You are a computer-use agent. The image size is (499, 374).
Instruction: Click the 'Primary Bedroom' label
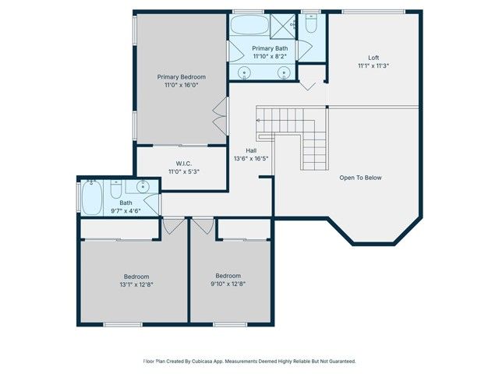[x=181, y=76]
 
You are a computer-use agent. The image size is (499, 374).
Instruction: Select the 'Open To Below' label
[x=360, y=178]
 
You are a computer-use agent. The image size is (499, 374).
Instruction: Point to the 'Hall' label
[x=251, y=150]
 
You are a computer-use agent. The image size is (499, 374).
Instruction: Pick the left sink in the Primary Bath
[x=246, y=73]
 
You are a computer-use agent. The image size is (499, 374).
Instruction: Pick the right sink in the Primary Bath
[x=284, y=73]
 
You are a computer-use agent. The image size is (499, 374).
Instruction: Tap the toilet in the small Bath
[x=115, y=189]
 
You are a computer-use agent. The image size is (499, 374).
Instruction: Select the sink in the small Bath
[x=143, y=188]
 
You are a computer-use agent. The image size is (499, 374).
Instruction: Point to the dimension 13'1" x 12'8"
[x=136, y=284]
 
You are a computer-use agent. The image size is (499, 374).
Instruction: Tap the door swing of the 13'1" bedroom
[x=172, y=226]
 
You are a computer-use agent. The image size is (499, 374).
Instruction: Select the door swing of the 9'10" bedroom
[x=204, y=226]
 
